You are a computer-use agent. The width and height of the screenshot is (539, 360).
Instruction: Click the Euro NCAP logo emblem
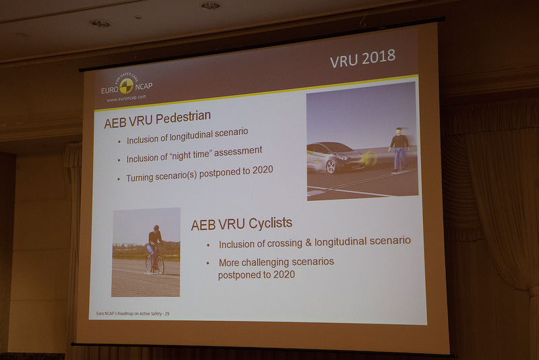pyautogui.click(x=126, y=86)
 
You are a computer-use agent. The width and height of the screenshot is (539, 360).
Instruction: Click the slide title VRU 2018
pyautogui.click(x=362, y=60)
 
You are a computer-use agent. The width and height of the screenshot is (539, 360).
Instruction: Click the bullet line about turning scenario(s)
pyautogui.click(x=199, y=174)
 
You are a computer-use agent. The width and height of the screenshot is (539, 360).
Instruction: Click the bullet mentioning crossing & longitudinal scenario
pyautogui.click(x=315, y=241)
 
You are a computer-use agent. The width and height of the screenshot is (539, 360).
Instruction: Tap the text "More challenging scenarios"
pyautogui.click(x=276, y=262)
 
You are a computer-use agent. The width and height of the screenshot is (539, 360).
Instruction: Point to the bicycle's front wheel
pyautogui.click(x=160, y=265)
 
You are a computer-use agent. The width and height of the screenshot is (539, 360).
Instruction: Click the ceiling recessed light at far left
pyautogui.click(x=100, y=24)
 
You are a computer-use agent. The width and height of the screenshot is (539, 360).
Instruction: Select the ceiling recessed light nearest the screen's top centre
pyautogui.click(x=210, y=5)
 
